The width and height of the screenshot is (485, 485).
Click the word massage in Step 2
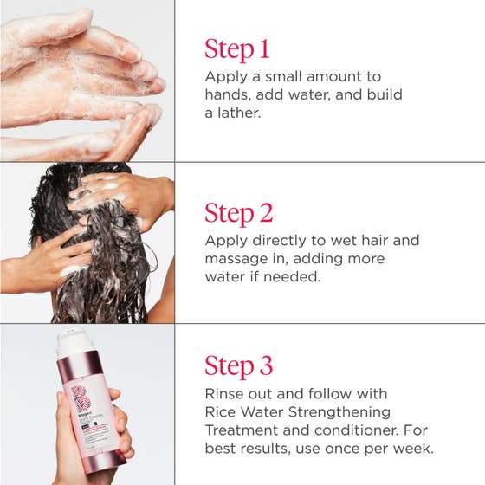pyautogui.click(x=237, y=260)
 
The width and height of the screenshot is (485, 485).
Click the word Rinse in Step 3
pyautogui.click(x=224, y=393)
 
